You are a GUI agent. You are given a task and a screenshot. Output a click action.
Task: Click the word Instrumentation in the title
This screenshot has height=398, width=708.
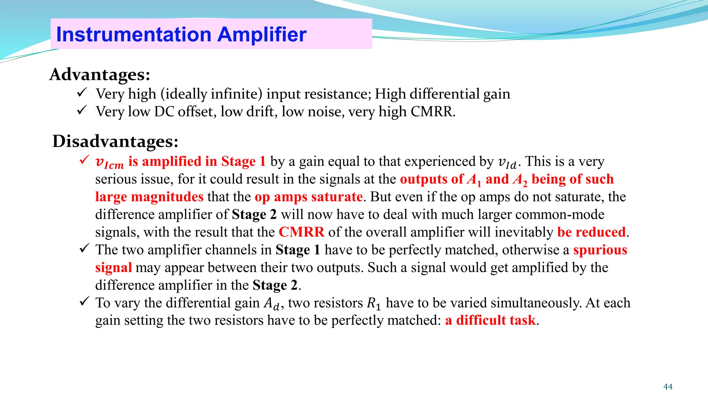coord(133,35)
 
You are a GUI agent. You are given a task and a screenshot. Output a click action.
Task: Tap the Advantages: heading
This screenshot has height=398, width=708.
coord(100,74)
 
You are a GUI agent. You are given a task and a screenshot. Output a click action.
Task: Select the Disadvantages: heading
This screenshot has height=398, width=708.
coord(115,141)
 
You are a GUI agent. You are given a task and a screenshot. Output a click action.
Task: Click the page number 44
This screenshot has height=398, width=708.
coord(668,387)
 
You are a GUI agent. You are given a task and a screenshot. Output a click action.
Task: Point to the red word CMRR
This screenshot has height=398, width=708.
coord(301,232)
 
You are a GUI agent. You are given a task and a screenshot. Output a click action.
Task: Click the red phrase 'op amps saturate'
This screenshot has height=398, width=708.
coord(309,197)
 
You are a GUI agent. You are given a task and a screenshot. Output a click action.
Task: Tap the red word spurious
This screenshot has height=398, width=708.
coord(600,250)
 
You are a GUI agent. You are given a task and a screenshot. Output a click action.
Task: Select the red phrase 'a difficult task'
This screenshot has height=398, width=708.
coord(490,320)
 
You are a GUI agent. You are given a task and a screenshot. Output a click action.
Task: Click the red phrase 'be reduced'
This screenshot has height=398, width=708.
coord(591,232)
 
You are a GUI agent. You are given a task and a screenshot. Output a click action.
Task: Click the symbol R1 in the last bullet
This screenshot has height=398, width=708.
coord(373,303)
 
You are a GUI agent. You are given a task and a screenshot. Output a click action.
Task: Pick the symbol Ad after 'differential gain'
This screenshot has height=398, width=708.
coord(271,304)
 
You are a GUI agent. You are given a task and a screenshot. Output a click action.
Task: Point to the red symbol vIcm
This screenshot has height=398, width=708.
coord(109,162)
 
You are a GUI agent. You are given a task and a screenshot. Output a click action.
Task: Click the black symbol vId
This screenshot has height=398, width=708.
coord(507,162)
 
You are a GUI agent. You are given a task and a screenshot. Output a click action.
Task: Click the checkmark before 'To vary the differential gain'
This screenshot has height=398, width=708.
coord(84,301)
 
